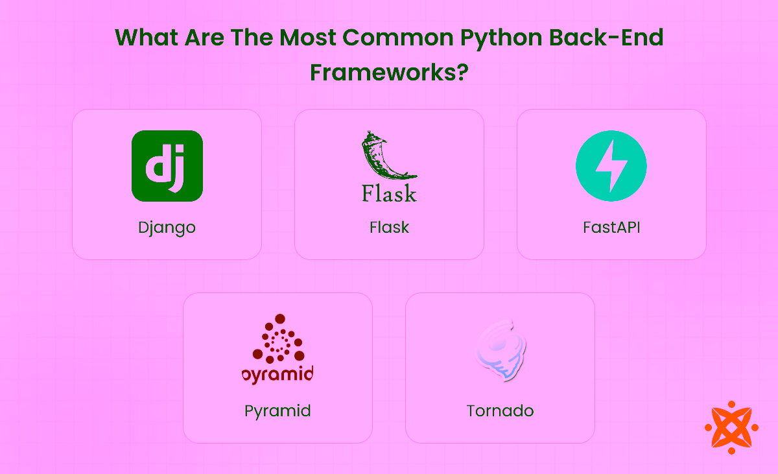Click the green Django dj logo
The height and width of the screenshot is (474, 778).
point(167,166)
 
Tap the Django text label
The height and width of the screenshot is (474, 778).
point(167,228)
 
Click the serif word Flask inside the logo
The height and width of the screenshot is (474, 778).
point(389,193)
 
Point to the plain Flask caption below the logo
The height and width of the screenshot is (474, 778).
point(389,228)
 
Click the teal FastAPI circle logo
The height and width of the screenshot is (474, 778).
point(611,166)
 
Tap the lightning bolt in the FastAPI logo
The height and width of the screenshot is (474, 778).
point(611,166)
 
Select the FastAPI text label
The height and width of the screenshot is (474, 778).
point(611,228)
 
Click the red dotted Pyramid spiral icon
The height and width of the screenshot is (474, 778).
point(279,339)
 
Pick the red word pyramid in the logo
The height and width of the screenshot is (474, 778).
point(277,374)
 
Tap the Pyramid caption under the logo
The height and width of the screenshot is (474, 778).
point(277,411)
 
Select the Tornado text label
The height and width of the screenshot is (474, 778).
point(500,411)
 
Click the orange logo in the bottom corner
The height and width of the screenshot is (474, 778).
point(731,427)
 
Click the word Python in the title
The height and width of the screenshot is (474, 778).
point(502,38)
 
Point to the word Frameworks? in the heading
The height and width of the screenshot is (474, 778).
point(389,71)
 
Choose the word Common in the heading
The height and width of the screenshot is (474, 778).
point(397,38)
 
